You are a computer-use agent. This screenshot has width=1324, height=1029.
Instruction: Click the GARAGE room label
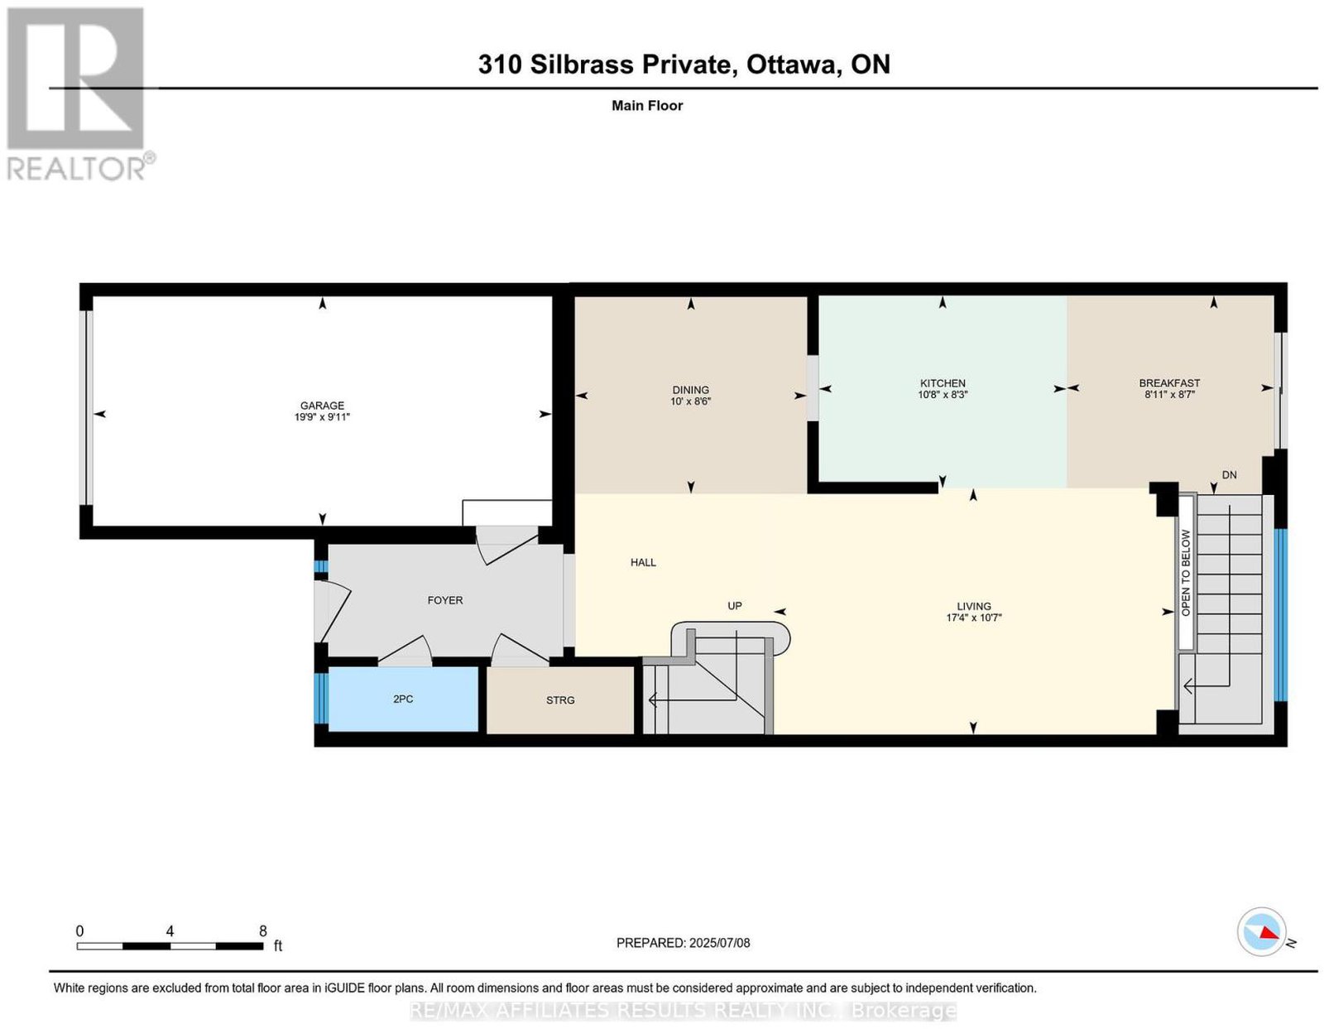[322, 405]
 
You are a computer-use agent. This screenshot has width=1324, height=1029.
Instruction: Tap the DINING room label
[690, 389]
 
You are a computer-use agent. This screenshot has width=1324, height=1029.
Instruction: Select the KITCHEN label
[942, 383]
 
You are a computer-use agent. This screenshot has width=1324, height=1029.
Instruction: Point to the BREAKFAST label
[1168, 383]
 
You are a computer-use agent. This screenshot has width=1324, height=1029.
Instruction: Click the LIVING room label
[973, 606]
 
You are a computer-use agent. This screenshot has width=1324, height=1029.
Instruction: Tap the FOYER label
[445, 600]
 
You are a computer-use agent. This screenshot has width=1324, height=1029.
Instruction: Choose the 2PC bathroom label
[403, 699]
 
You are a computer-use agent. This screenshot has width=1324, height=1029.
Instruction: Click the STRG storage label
[560, 700]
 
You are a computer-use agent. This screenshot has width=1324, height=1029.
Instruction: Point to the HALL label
[643, 562]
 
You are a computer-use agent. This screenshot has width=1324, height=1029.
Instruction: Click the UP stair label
[734, 606]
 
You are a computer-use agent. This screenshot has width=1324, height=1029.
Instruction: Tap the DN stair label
[1229, 474]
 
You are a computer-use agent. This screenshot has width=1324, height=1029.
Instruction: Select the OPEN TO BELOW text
[1185, 573]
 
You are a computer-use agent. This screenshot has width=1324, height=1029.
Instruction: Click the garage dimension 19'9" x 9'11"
[322, 417]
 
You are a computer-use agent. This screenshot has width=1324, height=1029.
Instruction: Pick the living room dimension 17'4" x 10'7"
[973, 618]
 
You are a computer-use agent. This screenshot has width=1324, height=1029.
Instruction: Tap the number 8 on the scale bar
[262, 931]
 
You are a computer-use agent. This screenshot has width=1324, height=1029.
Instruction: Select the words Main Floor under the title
[647, 105]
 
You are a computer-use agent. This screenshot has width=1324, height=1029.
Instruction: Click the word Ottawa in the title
[791, 64]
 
